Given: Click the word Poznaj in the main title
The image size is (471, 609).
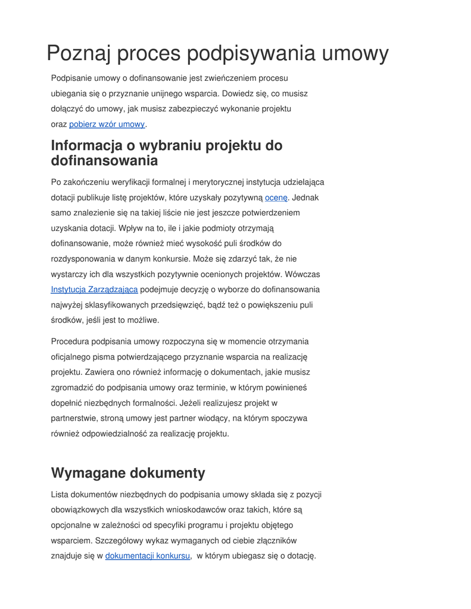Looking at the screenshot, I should tap(78, 54).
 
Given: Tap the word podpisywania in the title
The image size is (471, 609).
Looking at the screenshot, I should tap(252, 54).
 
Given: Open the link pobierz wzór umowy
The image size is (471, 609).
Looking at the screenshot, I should tap(107, 124).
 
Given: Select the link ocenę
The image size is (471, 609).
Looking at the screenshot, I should tap(276, 197).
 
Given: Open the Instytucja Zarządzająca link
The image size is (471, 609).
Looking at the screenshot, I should tap(94, 290).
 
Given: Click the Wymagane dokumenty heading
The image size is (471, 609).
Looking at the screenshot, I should tap(128, 473).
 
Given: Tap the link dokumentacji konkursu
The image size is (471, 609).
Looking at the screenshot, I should tap(148, 556).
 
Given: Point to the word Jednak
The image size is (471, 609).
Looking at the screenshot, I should tap(305, 197).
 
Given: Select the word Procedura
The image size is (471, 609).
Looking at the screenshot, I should tap(71, 341).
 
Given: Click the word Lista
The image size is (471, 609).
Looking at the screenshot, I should tap(60, 494).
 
